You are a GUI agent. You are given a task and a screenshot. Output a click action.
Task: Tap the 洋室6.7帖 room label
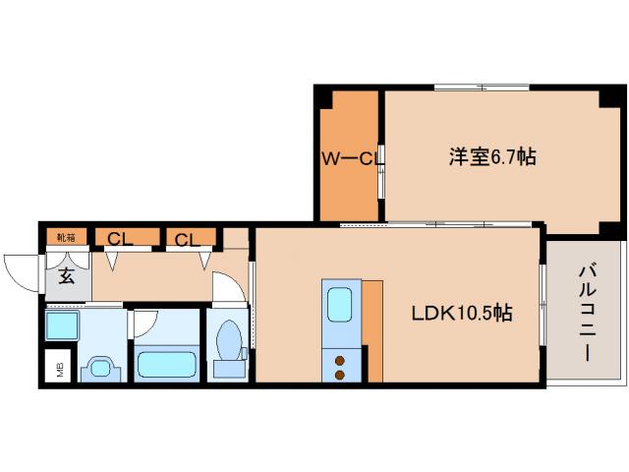(492, 156)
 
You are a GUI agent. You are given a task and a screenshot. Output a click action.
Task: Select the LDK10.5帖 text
(460, 314)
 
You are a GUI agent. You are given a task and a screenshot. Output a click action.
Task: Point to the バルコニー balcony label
(587, 313)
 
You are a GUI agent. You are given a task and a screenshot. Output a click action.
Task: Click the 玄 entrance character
(67, 276)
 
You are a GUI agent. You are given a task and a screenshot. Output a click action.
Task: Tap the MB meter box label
(59, 369)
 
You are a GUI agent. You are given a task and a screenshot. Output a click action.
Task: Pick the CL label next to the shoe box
(121, 238)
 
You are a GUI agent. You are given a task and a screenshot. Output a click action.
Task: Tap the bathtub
(167, 363)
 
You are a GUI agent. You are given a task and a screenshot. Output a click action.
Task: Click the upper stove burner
(340, 358)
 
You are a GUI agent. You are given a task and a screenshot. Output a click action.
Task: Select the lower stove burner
(340, 374)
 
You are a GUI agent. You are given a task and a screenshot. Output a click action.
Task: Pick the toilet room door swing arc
(228, 285)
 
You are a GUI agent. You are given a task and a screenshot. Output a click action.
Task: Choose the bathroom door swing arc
(145, 323)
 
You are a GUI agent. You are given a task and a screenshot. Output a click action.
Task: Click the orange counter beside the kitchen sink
(372, 330)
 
